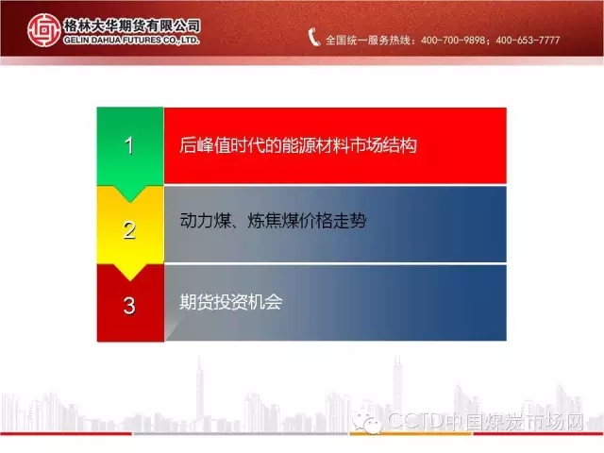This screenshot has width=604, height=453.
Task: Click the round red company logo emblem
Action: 44,30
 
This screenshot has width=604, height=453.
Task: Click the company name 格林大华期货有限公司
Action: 132,25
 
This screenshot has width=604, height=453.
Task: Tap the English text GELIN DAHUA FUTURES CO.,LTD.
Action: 132,40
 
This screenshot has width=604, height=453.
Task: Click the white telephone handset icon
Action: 314,38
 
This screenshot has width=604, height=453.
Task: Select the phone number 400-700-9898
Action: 453,40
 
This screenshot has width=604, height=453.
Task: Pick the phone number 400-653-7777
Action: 528,40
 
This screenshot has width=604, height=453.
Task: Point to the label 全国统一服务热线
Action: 368,40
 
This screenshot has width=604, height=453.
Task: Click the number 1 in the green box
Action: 129,145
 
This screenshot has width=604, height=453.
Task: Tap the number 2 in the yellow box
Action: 129,230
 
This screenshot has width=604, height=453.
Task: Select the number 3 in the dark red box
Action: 129,306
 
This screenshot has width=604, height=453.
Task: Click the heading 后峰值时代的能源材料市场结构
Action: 298,145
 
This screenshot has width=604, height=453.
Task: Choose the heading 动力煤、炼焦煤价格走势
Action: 273,221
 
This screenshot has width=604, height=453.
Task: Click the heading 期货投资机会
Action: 230,302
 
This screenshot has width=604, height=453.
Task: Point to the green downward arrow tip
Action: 130,202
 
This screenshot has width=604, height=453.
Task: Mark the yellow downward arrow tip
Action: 130,280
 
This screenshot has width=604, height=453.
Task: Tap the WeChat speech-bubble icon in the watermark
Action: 367,422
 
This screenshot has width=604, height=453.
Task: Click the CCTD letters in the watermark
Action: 416,421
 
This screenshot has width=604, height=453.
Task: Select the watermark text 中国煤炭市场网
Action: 515,421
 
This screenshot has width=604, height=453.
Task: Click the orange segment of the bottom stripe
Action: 411,434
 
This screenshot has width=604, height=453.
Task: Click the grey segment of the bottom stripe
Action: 241,434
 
